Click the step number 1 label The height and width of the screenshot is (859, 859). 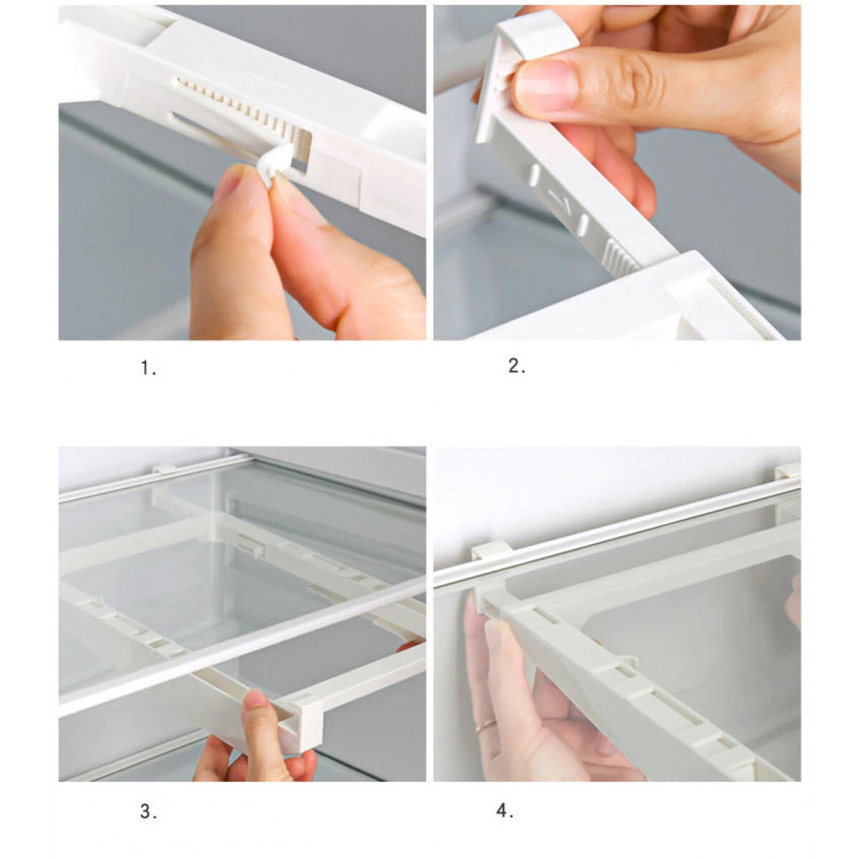point(148,369)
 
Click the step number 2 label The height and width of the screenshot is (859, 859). point(517,366)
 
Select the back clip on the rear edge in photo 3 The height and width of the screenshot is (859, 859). point(164,470)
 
